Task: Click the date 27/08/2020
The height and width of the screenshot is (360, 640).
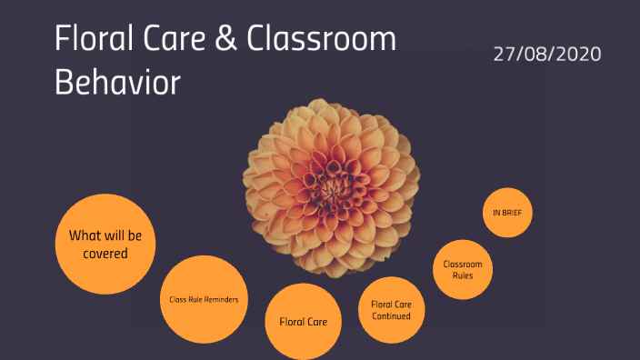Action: pos(547,54)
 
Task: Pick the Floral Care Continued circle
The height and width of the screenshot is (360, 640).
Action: pos(391,310)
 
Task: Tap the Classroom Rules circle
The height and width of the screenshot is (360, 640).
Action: pos(462,270)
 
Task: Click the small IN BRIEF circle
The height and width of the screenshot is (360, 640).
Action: pos(507,213)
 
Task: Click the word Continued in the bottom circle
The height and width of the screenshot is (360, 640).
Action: pos(391,316)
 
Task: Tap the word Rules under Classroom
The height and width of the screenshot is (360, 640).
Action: pos(462,275)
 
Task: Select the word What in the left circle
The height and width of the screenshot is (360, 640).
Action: pos(85,235)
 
